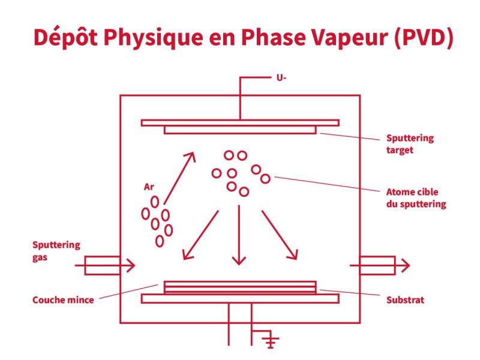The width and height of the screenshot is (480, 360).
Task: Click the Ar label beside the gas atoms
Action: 149,187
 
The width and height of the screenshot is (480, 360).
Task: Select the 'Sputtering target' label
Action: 409,144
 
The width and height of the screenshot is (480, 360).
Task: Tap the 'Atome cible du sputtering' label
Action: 416,198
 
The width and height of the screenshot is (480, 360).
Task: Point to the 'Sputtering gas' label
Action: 56,251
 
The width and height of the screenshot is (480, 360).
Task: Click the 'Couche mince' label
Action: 63,299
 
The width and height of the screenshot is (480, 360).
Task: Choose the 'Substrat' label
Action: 404,299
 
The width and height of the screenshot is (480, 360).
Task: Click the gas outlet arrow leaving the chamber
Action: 384,265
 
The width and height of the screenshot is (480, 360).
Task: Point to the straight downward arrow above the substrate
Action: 239,234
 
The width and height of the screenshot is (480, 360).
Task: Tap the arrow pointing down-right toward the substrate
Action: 279,235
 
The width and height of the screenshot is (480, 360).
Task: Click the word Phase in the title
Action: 257,37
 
